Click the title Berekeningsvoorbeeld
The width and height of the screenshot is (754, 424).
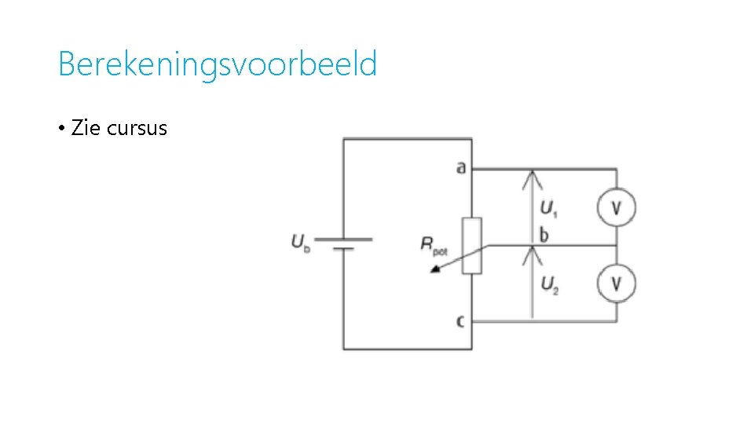[218, 64]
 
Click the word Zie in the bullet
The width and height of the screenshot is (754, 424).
[86, 129]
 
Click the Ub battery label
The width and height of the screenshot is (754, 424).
[300, 242]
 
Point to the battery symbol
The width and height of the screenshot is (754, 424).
[343, 243]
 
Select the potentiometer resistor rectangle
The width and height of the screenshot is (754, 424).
[471, 246]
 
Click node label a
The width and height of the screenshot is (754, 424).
[461, 167]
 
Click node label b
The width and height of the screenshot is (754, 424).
[544, 235]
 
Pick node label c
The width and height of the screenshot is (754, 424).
[461, 320]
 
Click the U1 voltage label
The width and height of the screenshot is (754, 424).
[549, 208]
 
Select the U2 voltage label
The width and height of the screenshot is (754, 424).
[549, 284]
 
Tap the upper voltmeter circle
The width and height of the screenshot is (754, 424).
[617, 207]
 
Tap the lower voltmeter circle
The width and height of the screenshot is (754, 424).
[617, 283]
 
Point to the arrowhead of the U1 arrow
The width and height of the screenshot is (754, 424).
[533, 175]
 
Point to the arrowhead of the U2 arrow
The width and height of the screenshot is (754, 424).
[533, 251]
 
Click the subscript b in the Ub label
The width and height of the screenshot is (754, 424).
[306, 247]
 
